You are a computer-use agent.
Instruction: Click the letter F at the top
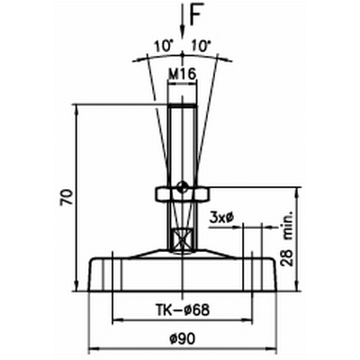(195, 14)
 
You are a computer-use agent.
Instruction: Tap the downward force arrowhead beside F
(183, 31)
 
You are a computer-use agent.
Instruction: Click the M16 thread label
(183, 74)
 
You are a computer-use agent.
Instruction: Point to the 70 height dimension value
(67, 197)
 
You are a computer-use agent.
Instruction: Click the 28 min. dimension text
(288, 240)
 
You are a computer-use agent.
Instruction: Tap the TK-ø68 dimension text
(182, 310)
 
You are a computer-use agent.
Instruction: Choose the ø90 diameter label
(183, 339)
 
